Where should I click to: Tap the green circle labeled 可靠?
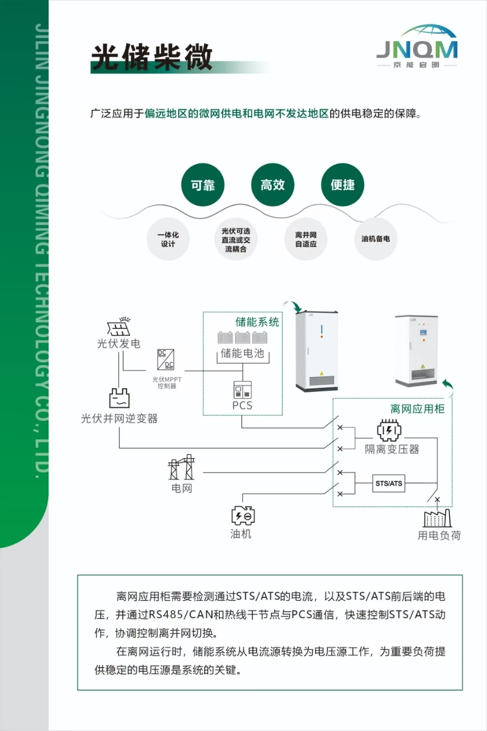(203, 185)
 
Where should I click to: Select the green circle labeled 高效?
(272, 185)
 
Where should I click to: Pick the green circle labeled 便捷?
(343, 185)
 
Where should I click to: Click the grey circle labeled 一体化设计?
(168, 239)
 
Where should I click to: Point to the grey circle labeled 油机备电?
(376, 239)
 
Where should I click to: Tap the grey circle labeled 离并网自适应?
(306, 239)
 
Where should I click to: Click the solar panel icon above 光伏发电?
(119, 327)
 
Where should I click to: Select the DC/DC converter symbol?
(166, 359)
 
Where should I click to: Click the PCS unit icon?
(242, 389)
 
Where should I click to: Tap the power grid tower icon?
(182, 468)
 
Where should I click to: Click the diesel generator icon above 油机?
(243, 516)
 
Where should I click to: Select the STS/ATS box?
(388, 484)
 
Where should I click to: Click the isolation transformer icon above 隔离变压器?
(389, 431)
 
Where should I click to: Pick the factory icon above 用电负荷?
(437, 517)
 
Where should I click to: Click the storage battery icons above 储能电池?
(243, 338)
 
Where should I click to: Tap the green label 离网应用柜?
(417, 409)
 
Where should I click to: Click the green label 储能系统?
(257, 322)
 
